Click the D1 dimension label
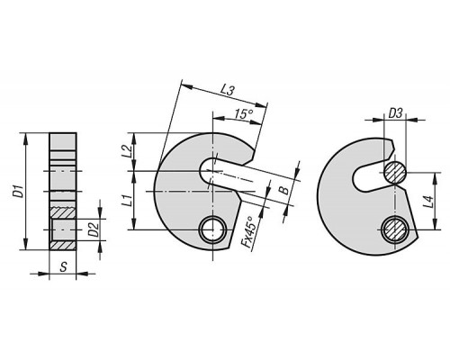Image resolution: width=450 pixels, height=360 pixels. point(20,192)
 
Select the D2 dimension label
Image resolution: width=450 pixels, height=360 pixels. point(94,229)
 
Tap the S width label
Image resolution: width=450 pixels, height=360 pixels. point(63,266)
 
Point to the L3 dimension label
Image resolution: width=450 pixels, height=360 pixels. point(227,90)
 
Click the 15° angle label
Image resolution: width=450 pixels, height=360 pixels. point(244,114)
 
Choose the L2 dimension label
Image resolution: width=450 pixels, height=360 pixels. point(128,152)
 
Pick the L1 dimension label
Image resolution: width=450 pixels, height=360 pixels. point(129,201)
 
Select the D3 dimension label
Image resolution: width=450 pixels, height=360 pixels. point(395,114)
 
